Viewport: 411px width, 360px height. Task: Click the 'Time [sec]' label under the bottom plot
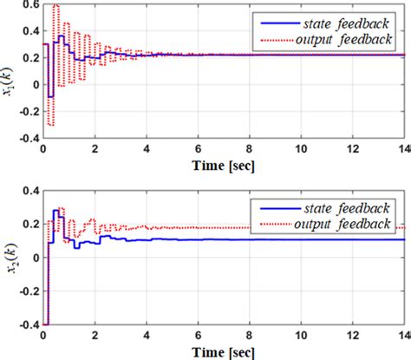point(224,352)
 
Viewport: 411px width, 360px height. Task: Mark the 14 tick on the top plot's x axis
point(404,150)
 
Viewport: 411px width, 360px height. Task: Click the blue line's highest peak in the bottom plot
point(56,210)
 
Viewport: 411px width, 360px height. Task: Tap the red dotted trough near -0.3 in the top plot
point(49,126)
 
